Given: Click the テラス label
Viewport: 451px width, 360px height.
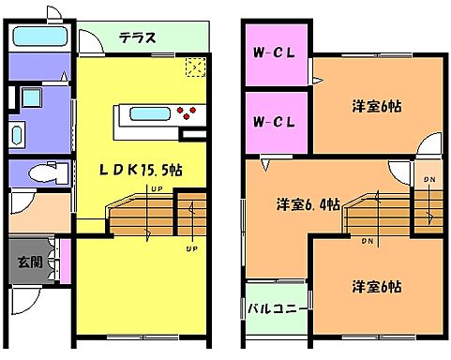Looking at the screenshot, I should click(x=136, y=38).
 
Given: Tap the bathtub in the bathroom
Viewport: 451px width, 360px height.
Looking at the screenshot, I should click(x=38, y=38).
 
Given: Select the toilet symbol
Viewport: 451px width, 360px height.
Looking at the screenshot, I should click(x=43, y=172).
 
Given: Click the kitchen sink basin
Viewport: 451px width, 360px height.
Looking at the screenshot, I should click(x=149, y=114).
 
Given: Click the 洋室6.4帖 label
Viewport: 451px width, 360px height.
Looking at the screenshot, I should click(x=308, y=203).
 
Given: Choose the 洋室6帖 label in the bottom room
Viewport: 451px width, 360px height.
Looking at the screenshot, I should click(x=378, y=285).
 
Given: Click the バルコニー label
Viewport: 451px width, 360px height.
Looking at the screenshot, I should click(x=276, y=307).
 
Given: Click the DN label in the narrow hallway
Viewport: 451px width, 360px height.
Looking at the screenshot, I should click(x=428, y=179).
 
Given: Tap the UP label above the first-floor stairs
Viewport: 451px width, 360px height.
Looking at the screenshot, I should click(x=155, y=190).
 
